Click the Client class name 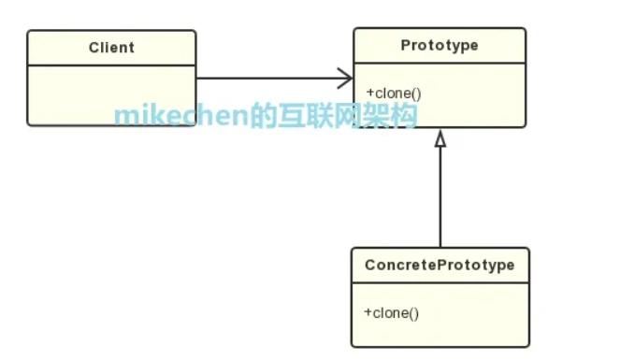(x=111, y=48)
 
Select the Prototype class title (x=440, y=46)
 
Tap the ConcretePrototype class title (x=440, y=266)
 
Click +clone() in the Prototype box (x=394, y=94)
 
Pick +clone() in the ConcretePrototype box (x=392, y=313)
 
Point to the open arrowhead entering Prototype (x=345, y=79)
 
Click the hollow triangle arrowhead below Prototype (x=440, y=138)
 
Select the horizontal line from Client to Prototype (x=274, y=79)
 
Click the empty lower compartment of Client (x=111, y=95)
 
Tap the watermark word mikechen (x=181, y=116)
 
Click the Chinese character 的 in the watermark (x=263, y=115)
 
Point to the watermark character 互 (x=291, y=115)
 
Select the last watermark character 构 (x=404, y=115)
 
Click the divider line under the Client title (x=111, y=65)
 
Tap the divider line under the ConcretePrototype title (x=440, y=283)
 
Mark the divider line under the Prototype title (x=440, y=63)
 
